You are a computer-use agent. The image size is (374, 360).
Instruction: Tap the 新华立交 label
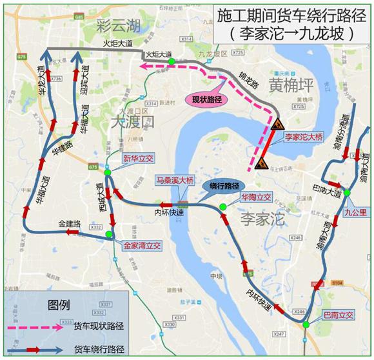click(x=137, y=158)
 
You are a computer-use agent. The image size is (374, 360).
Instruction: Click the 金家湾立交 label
click(x=142, y=246)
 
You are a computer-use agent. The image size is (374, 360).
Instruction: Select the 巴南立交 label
click(x=339, y=315)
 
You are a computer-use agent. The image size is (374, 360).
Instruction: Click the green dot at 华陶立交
click(x=222, y=206)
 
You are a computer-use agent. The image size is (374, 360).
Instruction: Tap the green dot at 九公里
click(x=347, y=192)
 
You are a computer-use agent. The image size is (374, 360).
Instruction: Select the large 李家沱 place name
click(x=262, y=219)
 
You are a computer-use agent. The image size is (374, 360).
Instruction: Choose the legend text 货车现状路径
click(x=104, y=326)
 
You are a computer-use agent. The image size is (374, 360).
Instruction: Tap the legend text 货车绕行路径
click(x=104, y=349)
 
